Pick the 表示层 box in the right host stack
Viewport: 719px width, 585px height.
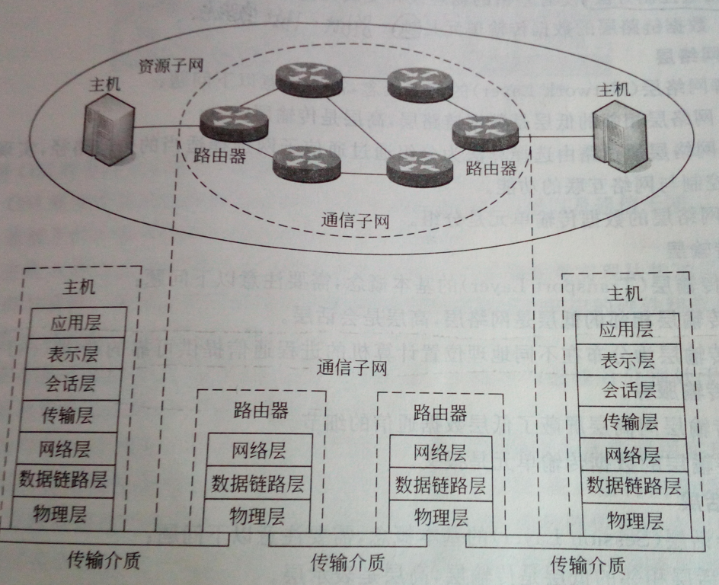pyautogui.click(x=628, y=360)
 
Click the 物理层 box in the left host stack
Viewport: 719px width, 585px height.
pyautogui.click(x=63, y=513)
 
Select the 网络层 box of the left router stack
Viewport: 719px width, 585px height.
pyautogui.click(x=259, y=449)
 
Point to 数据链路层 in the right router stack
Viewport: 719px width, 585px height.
pyautogui.click(x=439, y=485)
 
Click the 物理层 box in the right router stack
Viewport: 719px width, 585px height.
pyautogui.click(x=439, y=517)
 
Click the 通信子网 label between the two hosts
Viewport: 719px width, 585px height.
pyautogui.click(x=352, y=369)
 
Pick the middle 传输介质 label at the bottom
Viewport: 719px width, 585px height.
pyautogui.click(x=347, y=563)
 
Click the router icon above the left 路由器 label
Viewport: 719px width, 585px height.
pyautogui.click(x=234, y=122)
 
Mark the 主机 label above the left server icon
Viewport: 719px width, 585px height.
pyautogui.click(x=104, y=85)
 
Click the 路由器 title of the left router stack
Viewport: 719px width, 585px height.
pyautogui.click(x=260, y=411)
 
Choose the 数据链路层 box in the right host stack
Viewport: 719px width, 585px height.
pyautogui.click(x=633, y=485)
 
